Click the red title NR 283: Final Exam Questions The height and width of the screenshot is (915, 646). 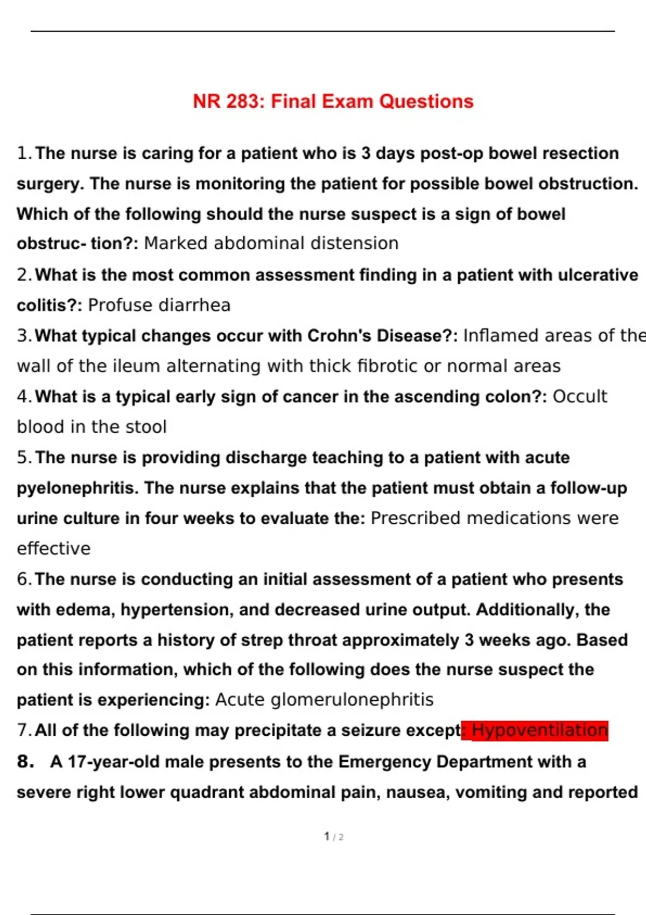coord(333,101)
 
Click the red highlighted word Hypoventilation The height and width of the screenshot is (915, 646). coord(539,730)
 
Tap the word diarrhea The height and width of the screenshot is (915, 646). coord(195,305)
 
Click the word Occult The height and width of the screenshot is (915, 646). coord(580,397)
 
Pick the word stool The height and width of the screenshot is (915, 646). coord(147,427)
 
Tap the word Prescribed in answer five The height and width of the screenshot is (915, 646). coord(416,518)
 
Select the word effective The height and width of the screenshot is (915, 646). coord(54,548)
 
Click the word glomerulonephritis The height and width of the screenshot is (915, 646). coord(352,700)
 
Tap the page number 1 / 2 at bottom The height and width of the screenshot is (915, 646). coord(334,836)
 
